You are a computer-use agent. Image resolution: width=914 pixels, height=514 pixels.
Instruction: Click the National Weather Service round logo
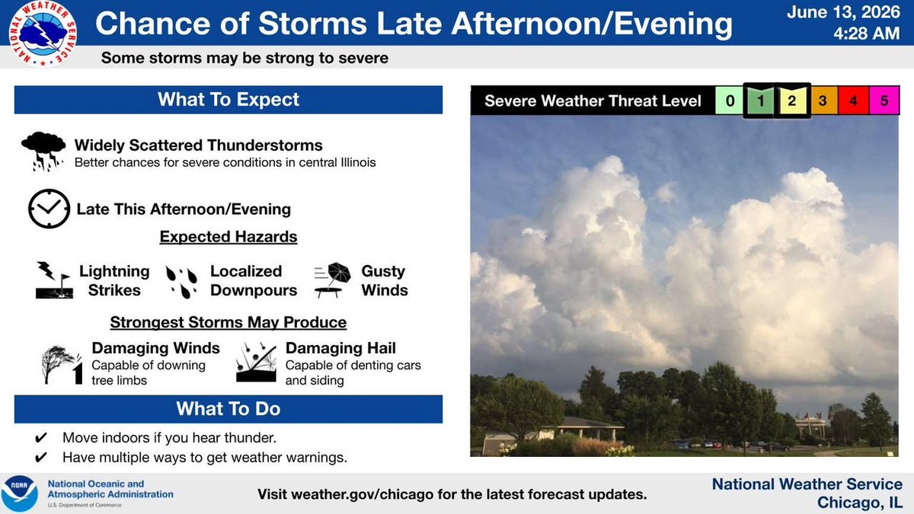43,34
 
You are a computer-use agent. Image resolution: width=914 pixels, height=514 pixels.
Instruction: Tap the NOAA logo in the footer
19,493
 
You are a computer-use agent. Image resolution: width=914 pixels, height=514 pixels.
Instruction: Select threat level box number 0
730,101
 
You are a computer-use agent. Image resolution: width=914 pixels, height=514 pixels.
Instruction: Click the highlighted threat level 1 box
760,101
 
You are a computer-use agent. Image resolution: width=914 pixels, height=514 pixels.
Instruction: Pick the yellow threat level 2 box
791,101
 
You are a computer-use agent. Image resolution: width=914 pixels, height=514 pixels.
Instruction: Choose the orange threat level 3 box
823,101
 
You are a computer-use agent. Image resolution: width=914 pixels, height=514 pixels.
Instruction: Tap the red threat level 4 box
853,101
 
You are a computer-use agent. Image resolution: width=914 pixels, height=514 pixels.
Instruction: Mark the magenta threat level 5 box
884,101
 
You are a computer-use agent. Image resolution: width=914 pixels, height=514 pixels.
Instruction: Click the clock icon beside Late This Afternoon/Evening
49,209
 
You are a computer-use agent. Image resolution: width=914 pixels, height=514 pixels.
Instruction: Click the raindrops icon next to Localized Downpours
181,282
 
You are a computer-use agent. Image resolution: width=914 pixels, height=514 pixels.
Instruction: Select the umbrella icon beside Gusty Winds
332,280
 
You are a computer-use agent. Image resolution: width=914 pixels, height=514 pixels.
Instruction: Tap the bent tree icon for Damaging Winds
62,364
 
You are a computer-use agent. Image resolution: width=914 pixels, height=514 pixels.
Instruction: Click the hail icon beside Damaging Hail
256,362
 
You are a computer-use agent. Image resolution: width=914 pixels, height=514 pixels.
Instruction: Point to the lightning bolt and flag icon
54,280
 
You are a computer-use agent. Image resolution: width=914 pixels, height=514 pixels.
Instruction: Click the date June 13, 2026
843,12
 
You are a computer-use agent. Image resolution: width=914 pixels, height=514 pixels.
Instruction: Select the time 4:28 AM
866,34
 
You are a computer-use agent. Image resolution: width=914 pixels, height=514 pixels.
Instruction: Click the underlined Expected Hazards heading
228,237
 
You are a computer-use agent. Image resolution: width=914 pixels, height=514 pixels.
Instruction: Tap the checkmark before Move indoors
41,438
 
